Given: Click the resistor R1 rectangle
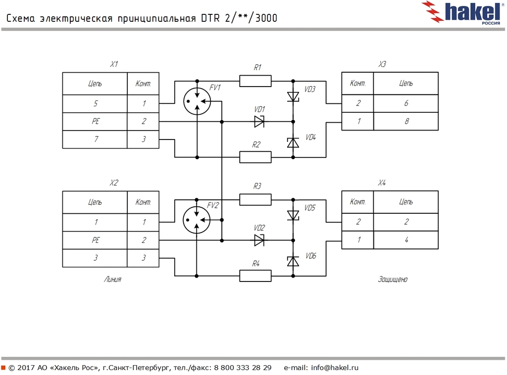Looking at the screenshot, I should pyautogui.click(x=255, y=81).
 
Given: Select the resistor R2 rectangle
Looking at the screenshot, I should pyautogui.click(x=255, y=157).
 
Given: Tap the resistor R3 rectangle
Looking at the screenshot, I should pyautogui.click(x=255, y=199).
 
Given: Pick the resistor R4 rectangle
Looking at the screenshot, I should pyautogui.click(x=255, y=276).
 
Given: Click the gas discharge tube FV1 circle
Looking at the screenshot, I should pyautogui.click(x=197, y=101).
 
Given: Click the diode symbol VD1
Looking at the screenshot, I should pyautogui.click(x=259, y=121).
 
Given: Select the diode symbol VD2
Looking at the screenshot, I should pyautogui.click(x=259, y=240).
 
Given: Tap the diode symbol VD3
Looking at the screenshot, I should pyautogui.click(x=293, y=96).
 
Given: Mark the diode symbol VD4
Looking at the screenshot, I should pyautogui.click(x=293, y=142).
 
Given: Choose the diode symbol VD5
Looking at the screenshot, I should pyautogui.click(x=293, y=215).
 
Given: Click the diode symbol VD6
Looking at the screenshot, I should pyautogui.click(x=293, y=261).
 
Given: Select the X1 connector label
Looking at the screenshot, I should pyautogui.click(x=114, y=64).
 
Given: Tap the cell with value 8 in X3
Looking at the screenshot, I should pyautogui.click(x=406, y=121).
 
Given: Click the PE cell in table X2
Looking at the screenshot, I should pyautogui.click(x=95, y=240).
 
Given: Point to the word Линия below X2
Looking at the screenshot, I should pyautogui.click(x=112, y=280).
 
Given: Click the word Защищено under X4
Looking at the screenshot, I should pyautogui.click(x=392, y=280).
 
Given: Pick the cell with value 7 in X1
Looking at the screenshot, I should pyautogui.click(x=95, y=140).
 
